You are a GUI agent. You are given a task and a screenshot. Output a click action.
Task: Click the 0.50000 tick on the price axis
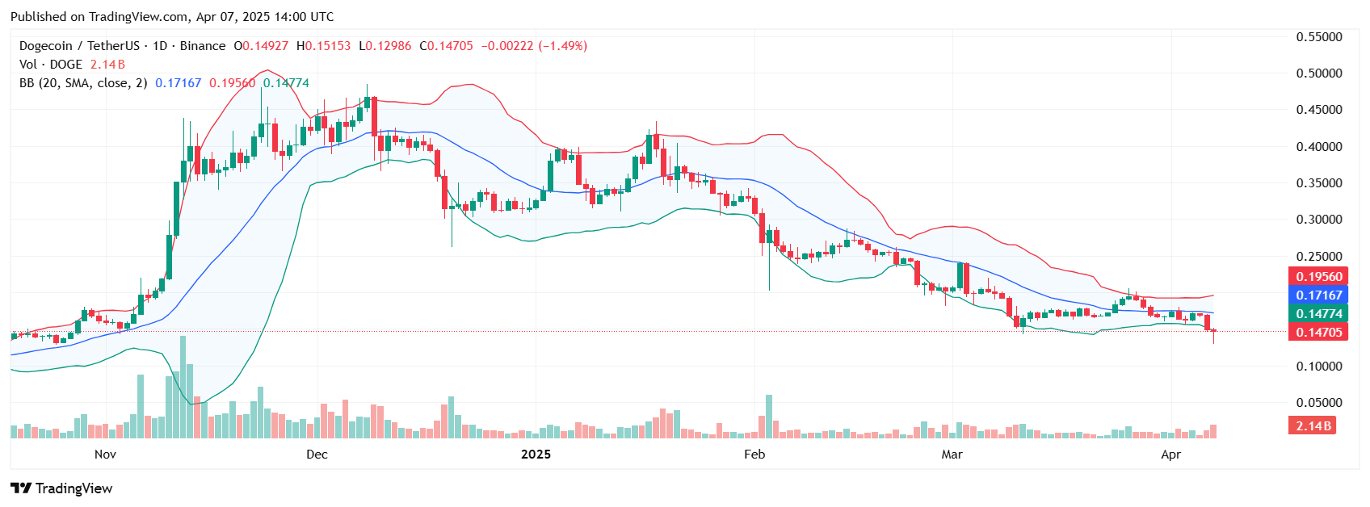[x=1318, y=73]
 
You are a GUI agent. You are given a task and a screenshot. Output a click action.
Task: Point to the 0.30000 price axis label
[x=1318, y=220]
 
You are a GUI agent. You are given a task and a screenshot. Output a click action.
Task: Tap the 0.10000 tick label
[x=1318, y=367]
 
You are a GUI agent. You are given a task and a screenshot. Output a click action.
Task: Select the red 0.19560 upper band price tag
[x=1318, y=277]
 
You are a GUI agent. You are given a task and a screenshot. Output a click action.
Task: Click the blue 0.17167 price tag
[x=1318, y=295]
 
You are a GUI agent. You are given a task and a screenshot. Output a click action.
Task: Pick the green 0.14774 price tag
[x=1318, y=314]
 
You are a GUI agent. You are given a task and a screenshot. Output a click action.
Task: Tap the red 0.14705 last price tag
[x=1318, y=333]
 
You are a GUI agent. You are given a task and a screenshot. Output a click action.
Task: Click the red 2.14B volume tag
[x=1313, y=426]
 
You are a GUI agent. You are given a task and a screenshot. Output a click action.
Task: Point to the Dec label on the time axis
[x=317, y=455]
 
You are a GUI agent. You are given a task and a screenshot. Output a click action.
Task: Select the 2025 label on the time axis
[x=536, y=455]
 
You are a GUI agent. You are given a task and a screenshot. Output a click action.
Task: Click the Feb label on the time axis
[x=754, y=455]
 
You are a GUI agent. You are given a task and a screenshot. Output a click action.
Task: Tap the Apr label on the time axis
[x=1170, y=455]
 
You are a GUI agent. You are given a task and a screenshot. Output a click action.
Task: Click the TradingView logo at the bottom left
[x=61, y=488]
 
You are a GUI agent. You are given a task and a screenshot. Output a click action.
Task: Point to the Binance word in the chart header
[x=202, y=46]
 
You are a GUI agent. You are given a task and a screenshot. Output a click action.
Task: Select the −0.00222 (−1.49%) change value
[x=534, y=46]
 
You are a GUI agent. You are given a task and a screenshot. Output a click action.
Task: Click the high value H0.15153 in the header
[x=323, y=46]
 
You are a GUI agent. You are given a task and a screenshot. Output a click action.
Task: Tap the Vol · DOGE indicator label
[x=50, y=65]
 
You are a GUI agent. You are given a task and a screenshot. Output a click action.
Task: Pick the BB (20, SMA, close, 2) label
[x=83, y=83]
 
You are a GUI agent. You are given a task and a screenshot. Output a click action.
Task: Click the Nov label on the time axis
[x=105, y=455]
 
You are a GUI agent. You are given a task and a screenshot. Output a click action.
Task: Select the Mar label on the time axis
[x=952, y=455]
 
